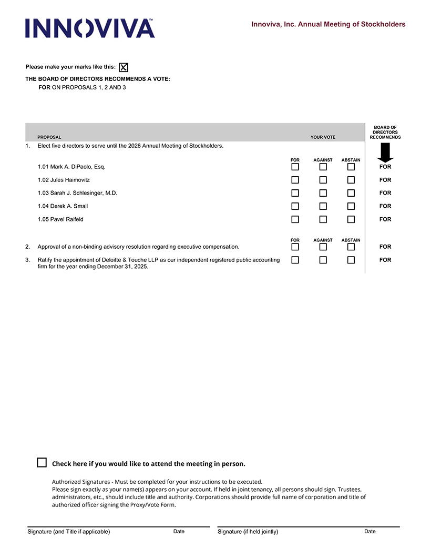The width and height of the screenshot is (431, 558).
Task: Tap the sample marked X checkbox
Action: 124,67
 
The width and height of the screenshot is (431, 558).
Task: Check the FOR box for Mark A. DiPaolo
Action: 295,167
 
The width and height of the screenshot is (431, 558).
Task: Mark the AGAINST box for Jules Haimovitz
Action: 323,180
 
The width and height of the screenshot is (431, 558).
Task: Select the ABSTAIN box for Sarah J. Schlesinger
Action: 351,193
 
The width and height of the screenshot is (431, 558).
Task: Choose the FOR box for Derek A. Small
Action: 295,206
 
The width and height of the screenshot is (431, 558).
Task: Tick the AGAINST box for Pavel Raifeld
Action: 323,219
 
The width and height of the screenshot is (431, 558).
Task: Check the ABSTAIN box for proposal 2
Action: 351,247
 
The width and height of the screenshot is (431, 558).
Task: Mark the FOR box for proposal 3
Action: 295,260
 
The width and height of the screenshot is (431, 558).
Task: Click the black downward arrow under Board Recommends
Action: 385,153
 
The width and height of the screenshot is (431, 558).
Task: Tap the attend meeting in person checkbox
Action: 42,462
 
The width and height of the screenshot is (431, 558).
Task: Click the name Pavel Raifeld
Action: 67,219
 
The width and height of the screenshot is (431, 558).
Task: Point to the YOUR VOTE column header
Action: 323,137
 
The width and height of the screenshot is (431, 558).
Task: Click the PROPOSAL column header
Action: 49,137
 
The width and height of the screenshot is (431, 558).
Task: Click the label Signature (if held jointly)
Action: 248,532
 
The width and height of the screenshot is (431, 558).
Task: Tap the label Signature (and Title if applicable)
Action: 69,532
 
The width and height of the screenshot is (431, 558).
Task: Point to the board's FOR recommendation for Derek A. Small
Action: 385,206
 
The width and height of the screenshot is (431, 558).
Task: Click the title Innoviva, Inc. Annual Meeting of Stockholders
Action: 328,24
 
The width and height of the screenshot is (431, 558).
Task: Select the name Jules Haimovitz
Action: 70,180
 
